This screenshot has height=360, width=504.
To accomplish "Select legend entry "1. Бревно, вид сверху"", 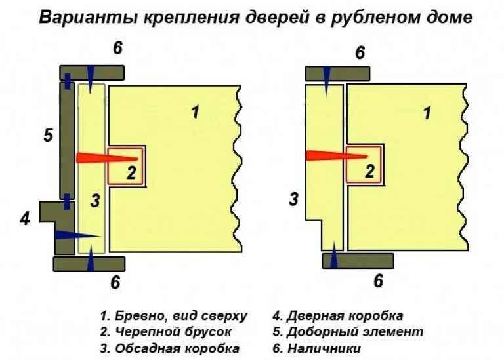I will pos(174,316).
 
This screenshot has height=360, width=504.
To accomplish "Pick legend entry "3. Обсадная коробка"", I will pos(169,348).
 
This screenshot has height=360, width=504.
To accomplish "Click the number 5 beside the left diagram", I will pos(47,136).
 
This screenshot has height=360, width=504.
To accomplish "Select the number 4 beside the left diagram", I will pos(25,219).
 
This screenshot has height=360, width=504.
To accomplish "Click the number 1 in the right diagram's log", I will pos(427,113).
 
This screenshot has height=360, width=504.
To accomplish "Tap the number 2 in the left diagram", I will pos(131,173).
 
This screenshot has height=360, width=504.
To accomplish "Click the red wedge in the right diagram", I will pos(335,156).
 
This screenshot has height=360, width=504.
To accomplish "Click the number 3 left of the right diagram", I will pos(294,199).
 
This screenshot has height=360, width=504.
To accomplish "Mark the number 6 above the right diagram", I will pos(360,53).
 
